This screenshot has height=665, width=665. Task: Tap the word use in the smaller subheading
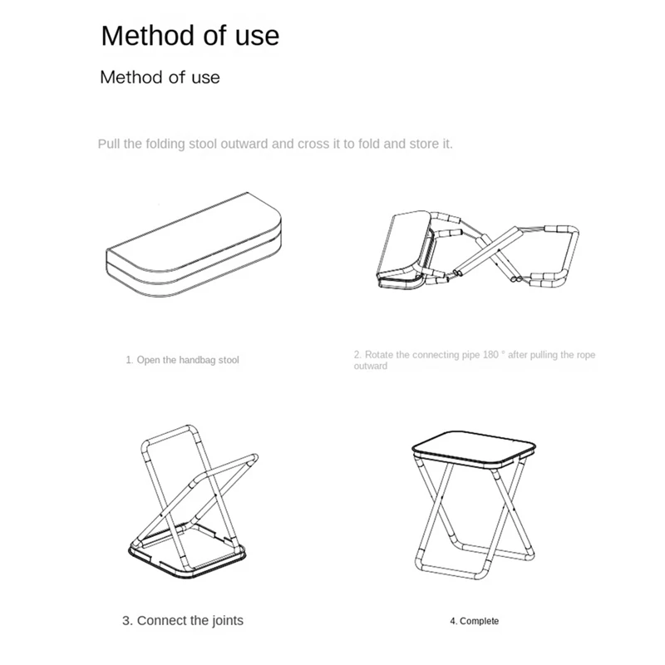pyautogui.click(x=205, y=77)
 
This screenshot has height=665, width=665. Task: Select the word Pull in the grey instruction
pyautogui.click(x=109, y=144)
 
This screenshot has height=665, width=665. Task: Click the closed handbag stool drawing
pyautogui.click(x=194, y=244)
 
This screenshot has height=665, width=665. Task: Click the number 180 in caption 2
pyautogui.click(x=490, y=355)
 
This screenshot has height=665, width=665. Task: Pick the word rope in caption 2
pyautogui.click(x=586, y=355)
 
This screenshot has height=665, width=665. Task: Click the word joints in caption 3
pyautogui.click(x=227, y=620)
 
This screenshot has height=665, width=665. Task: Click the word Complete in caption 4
pyautogui.click(x=480, y=621)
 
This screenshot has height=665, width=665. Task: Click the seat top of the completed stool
pyautogui.click(x=474, y=450)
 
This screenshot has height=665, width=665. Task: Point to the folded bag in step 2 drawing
pyautogui.click(x=404, y=250)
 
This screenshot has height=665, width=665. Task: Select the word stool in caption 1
pyautogui.click(x=229, y=360)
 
